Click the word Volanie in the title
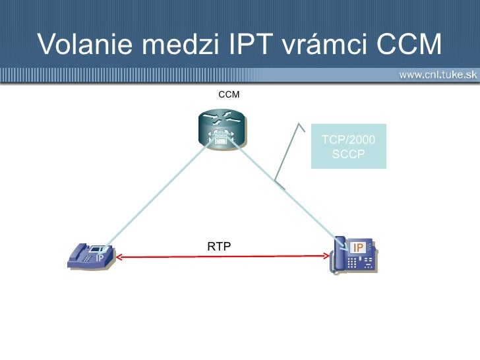(x=82, y=44)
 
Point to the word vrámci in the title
(x=325, y=44)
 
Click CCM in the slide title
(x=408, y=44)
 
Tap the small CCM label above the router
(x=229, y=95)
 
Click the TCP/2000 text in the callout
(x=348, y=140)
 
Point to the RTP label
(x=219, y=247)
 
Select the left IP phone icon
(x=92, y=256)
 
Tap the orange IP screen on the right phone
(x=359, y=247)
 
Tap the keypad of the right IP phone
(x=360, y=262)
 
